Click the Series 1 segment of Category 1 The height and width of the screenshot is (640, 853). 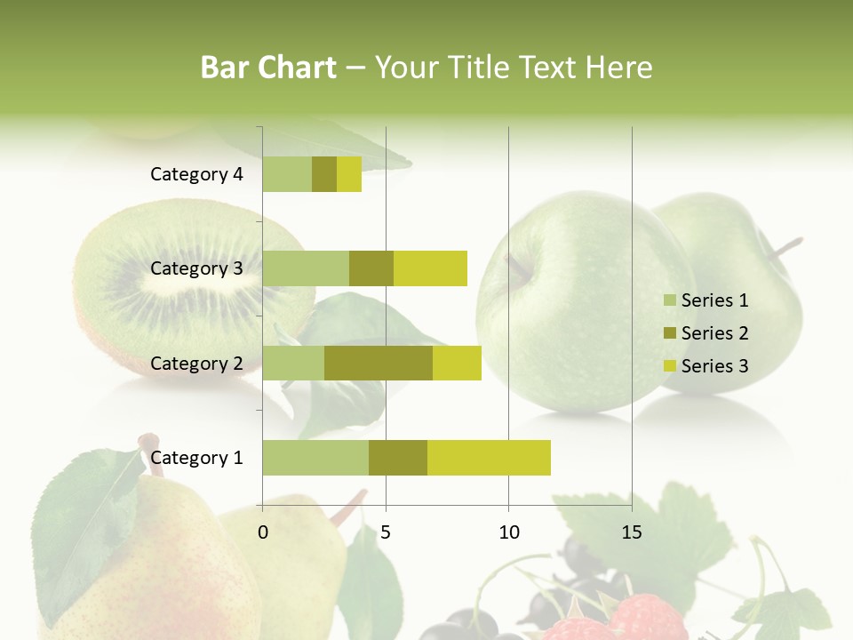(315, 458)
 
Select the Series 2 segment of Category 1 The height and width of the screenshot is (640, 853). (398, 458)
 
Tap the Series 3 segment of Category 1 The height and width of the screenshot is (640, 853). (489, 458)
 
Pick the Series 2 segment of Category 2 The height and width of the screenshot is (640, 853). (379, 363)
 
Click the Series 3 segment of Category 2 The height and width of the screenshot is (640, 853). (457, 363)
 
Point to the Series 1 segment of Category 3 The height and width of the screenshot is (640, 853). (306, 268)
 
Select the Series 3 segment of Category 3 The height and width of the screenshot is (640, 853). (430, 268)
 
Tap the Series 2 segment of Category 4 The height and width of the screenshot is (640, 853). (324, 174)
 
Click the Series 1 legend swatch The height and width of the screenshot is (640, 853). (669, 300)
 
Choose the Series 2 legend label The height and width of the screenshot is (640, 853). (714, 333)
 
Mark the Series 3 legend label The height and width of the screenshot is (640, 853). (714, 366)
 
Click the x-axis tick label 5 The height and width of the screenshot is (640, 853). (386, 533)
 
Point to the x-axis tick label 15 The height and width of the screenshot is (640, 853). (631, 533)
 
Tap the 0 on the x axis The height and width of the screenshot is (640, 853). (263, 533)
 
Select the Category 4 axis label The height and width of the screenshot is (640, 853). (196, 174)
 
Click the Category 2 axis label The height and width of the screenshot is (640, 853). (196, 364)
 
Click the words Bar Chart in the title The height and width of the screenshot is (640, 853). (268, 68)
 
